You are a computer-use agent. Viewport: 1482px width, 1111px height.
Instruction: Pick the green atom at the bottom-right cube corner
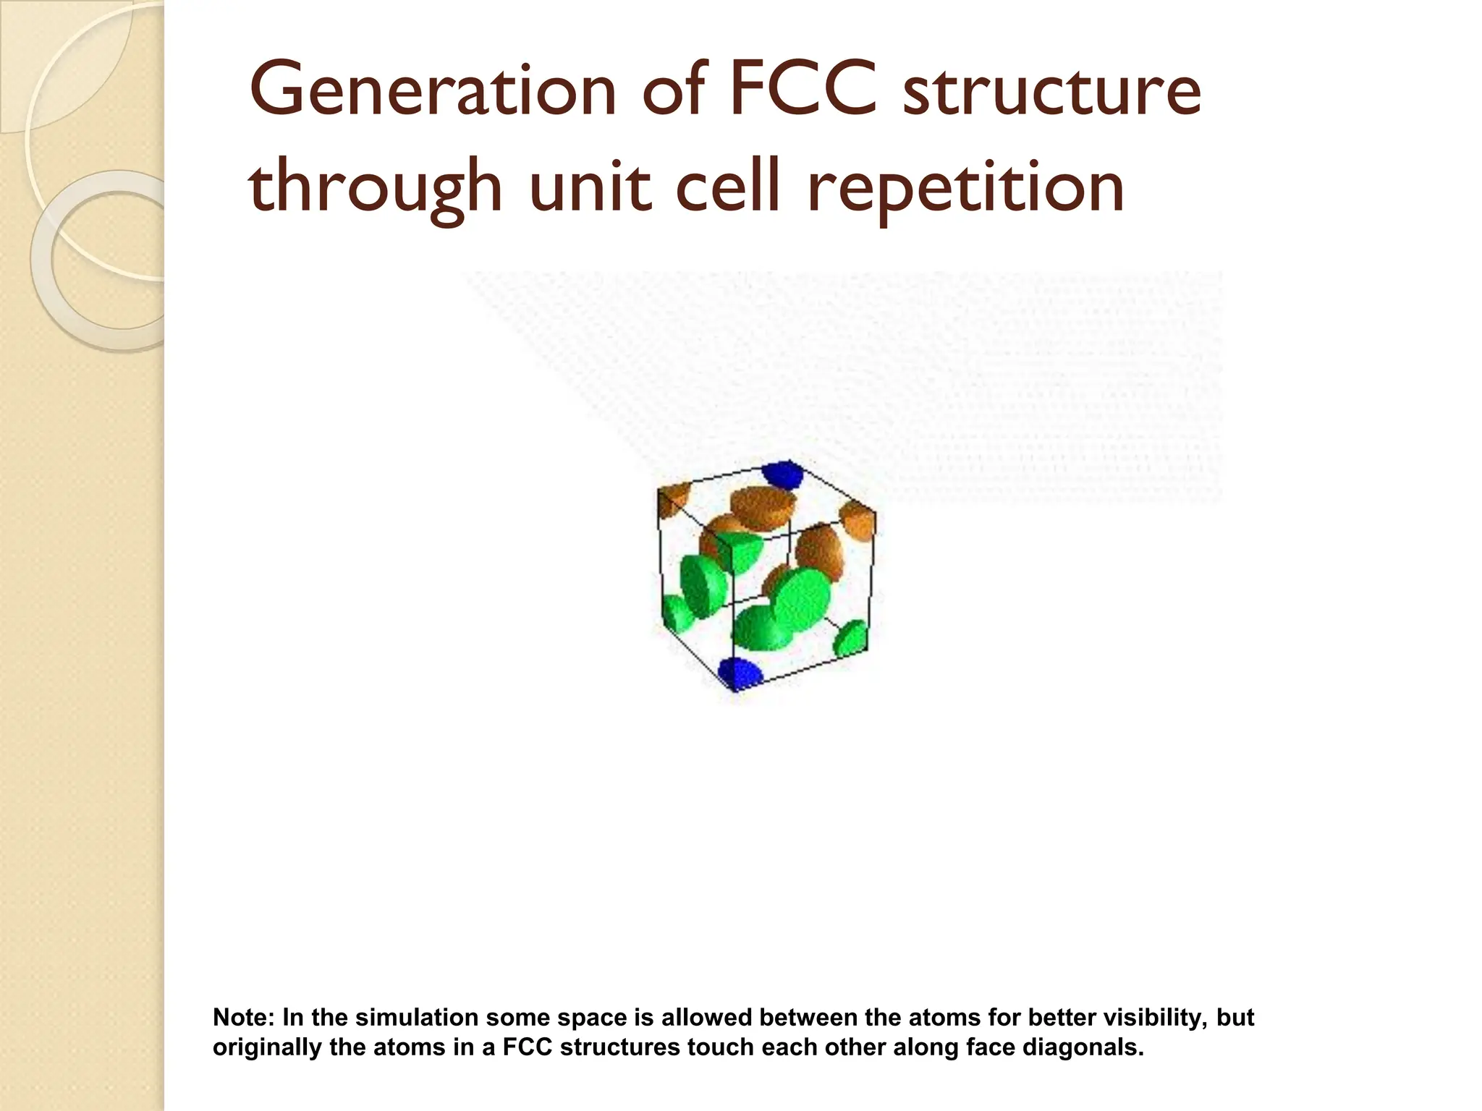851,638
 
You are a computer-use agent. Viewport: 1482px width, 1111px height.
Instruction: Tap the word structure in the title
1051,92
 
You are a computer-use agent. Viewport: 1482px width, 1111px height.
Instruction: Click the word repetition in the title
965,187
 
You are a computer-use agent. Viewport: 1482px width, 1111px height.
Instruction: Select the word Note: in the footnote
244,1018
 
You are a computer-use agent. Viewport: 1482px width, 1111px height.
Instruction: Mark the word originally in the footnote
267,1047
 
